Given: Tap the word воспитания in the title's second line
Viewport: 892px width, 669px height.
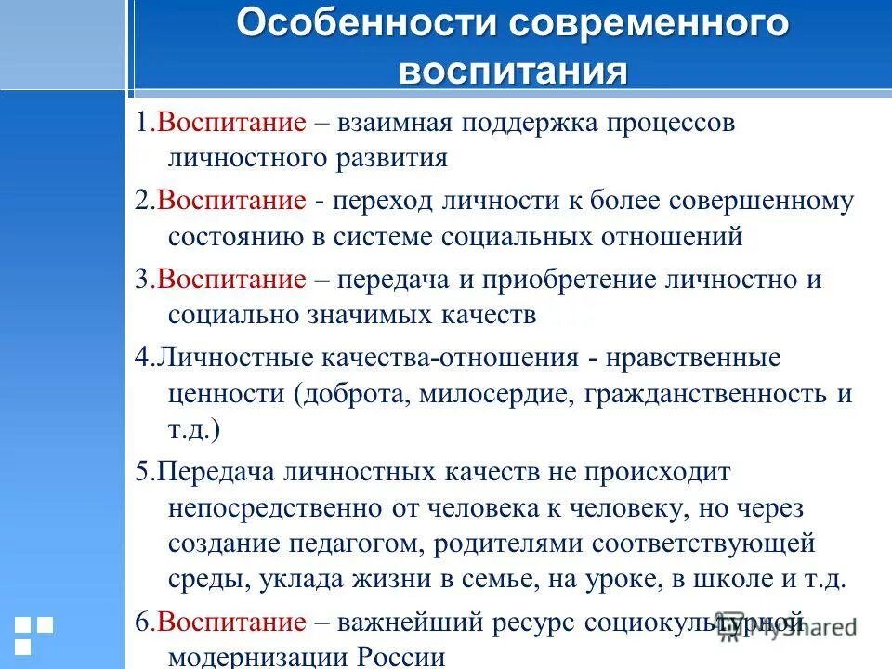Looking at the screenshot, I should click(513, 72).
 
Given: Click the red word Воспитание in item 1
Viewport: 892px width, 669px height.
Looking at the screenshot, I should click(231, 124).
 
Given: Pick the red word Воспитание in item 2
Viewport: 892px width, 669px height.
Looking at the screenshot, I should click(231, 201).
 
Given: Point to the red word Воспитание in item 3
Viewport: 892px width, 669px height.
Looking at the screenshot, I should click(231, 280).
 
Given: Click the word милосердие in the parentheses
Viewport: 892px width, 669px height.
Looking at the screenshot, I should click(498, 393).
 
